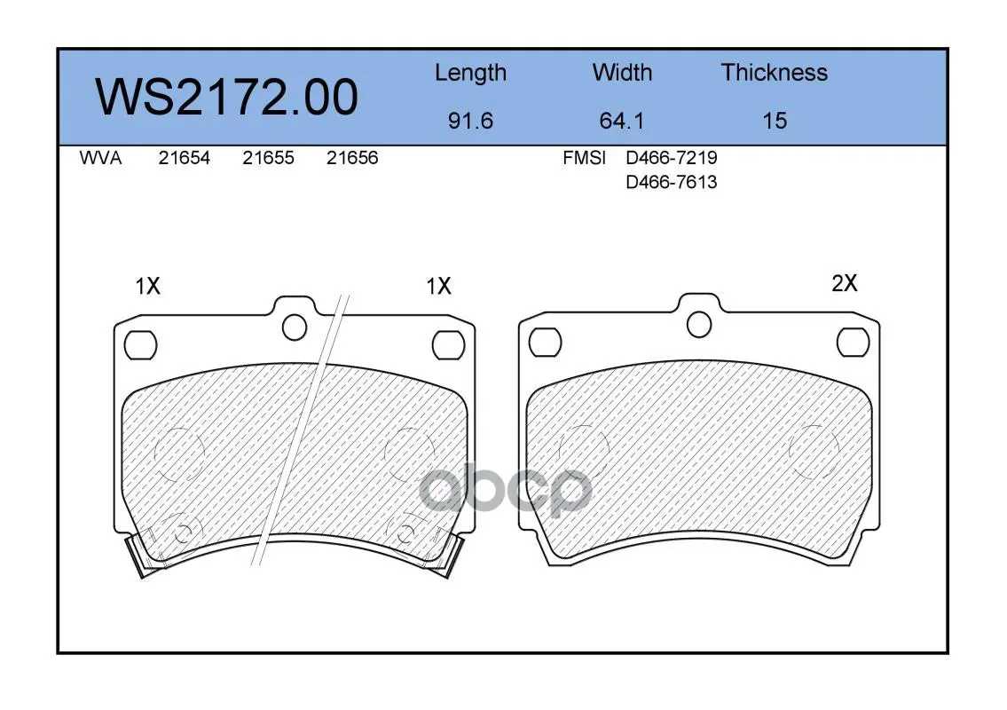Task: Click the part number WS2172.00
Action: (x=227, y=98)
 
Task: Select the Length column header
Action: (x=471, y=74)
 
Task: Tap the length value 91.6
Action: (x=471, y=121)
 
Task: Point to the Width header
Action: (x=622, y=73)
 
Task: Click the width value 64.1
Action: (x=622, y=121)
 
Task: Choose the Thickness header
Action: (x=775, y=73)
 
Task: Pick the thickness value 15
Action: (x=775, y=121)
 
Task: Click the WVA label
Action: (x=100, y=158)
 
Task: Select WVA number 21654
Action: (x=185, y=158)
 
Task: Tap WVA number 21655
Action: (x=269, y=158)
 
